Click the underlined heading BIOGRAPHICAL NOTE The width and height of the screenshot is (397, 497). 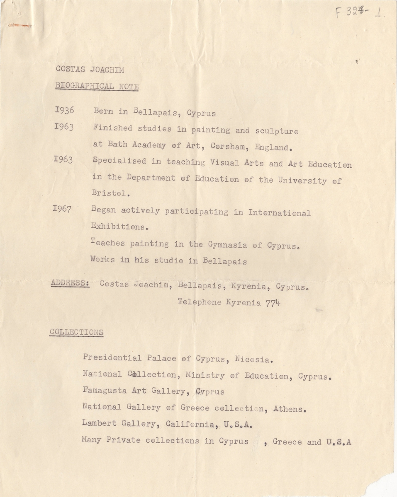(x=97, y=86)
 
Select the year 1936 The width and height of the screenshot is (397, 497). (x=64, y=111)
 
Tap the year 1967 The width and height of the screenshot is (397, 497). (x=63, y=209)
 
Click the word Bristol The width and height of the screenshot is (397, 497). (x=107, y=193)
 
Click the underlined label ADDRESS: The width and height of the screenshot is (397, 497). (x=70, y=283)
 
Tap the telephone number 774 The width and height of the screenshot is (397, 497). (x=273, y=303)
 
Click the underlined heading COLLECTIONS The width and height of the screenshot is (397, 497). (x=76, y=332)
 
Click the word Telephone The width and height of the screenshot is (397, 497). (x=200, y=302)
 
